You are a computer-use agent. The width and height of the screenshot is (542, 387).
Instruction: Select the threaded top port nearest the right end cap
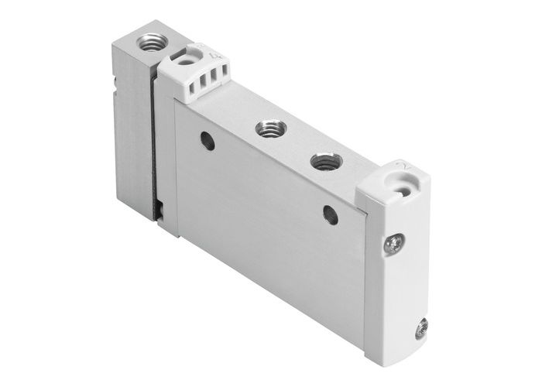322,163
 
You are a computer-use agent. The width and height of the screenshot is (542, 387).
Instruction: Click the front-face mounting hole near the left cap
207,140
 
